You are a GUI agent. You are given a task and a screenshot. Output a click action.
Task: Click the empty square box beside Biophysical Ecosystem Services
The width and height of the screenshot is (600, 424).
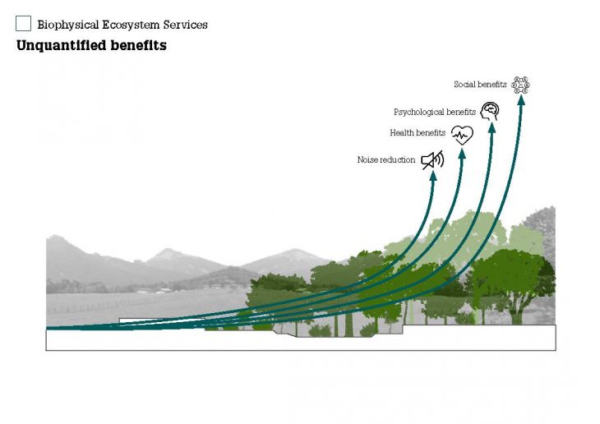pos(23,24)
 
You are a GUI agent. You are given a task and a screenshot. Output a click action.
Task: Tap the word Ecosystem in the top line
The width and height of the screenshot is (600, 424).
pos(131,25)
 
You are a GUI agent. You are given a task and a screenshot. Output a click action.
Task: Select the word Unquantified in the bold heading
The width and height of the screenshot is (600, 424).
pos(61,45)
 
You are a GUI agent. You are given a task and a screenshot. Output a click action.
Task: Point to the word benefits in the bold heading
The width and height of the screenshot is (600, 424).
pos(139,45)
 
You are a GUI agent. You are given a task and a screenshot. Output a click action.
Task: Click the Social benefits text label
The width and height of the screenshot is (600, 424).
pos(480,84)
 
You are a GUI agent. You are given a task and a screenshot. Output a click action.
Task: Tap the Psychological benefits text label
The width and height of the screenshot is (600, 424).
pos(435,112)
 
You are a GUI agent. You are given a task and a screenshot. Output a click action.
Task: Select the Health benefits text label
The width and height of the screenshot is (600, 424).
pos(418,132)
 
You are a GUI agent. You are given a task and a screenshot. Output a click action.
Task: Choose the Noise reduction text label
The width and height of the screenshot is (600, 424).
pos(386,159)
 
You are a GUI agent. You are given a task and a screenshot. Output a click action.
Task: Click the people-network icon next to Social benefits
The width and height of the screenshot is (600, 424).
pos(520,85)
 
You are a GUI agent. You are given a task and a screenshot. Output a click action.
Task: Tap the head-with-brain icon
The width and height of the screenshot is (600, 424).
pos(490,112)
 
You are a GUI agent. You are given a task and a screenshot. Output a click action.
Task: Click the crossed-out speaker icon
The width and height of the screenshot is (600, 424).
pos(432,160)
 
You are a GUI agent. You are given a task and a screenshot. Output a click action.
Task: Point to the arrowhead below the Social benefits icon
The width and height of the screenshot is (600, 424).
pos(521,100)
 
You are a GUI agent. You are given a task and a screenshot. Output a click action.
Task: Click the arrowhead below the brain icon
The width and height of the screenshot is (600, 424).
pos(492,127)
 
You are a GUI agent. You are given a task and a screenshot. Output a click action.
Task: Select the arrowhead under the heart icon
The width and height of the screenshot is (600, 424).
pos(462,153)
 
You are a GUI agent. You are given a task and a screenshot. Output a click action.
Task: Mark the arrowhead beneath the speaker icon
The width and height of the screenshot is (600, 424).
pos(433,176)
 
